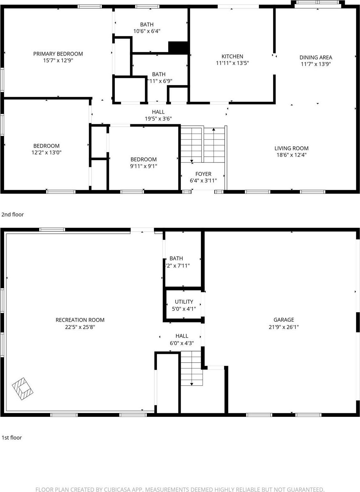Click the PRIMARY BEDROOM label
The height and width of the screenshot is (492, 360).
click(x=58, y=54)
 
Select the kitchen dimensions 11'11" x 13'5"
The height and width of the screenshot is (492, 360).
click(x=232, y=63)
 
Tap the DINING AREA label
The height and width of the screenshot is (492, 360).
click(x=316, y=58)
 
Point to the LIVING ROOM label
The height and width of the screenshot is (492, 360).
click(x=291, y=148)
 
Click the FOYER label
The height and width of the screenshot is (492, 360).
click(x=203, y=174)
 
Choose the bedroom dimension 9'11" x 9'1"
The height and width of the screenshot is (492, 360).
click(x=143, y=166)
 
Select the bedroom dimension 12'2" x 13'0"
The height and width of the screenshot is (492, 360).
click(x=46, y=153)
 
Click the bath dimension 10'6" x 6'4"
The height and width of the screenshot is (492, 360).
click(x=147, y=31)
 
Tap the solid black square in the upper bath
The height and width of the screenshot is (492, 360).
click(x=178, y=47)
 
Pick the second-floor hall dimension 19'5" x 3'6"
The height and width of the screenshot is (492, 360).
click(x=158, y=119)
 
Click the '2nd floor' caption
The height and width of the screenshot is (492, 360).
click(x=13, y=214)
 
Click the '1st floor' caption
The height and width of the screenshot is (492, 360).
click(x=12, y=437)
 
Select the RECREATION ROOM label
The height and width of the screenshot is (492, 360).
click(x=80, y=320)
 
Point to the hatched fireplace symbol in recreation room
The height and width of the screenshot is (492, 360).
click(x=23, y=388)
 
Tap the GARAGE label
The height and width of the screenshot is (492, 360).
click(x=284, y=320)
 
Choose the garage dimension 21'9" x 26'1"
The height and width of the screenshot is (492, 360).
click(x=284, y=327)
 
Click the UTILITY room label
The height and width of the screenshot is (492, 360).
click(x=184, y=302)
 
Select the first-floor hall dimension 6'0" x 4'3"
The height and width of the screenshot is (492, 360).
click(x=182, y=343)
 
